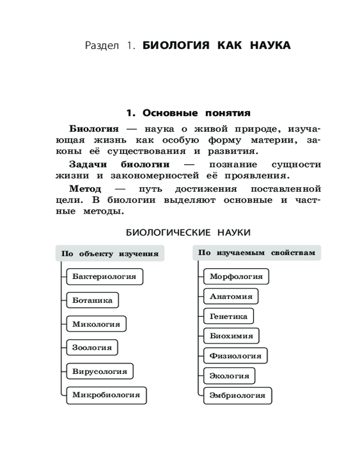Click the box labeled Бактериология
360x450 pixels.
click(x=104, y=277)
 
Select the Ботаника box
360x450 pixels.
click(x=92, y=300)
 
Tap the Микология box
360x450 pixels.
click(x=96, y=324)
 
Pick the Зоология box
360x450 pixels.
click(x=92, y=348)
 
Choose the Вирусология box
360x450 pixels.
click(x=99, y=372)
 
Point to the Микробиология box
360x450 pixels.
click(x=106, y=396)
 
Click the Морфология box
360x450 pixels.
click(x=236, y=276)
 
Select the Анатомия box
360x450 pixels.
click(x=231, y=297)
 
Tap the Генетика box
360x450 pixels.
click(x=229, y=316)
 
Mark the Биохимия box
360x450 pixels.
click(x=231, y=336)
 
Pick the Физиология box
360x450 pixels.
click(x=235, y=356)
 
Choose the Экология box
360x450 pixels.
click(x=229, y=376)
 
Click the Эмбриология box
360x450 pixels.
click(x=238, y=396)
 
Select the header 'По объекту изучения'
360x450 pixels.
click(x=110, y=254)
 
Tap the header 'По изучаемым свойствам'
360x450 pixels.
click(x=257, y=253)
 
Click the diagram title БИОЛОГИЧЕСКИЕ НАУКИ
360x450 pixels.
click(x=188, y=232)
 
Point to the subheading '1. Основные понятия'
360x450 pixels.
click(x=188, y=112)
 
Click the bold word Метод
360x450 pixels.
click(x=85, y=188)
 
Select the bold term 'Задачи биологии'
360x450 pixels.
click(x=119, y=164)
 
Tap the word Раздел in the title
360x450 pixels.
click(x=101, y=45)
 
